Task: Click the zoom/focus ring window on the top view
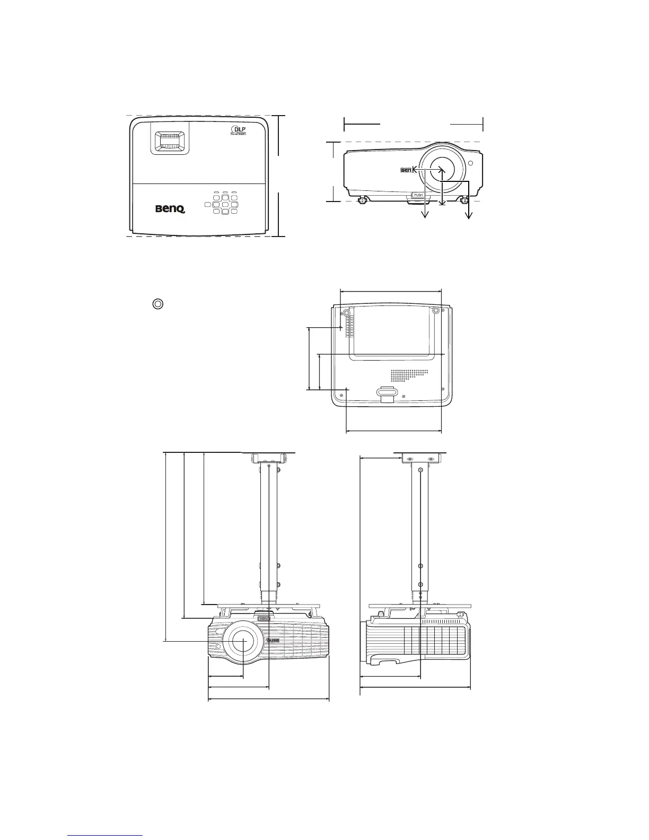[x=170, y=140]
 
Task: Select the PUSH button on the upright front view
[x=418, y=195]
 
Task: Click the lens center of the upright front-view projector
[x=441, y=169]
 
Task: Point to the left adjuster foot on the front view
[x=363, y=200]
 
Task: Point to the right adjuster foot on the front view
[x=465, y=200]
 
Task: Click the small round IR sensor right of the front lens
[x=470, y=162]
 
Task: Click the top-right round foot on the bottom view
[x=435, y=311]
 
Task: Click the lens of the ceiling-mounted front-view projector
[x=242, y=641]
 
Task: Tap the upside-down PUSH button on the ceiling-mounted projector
[x=264, y=618]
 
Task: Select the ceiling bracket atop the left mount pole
[x=269, y=458]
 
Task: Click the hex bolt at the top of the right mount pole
[x=420, y=470]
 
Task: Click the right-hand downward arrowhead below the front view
[x=469, y=215]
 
